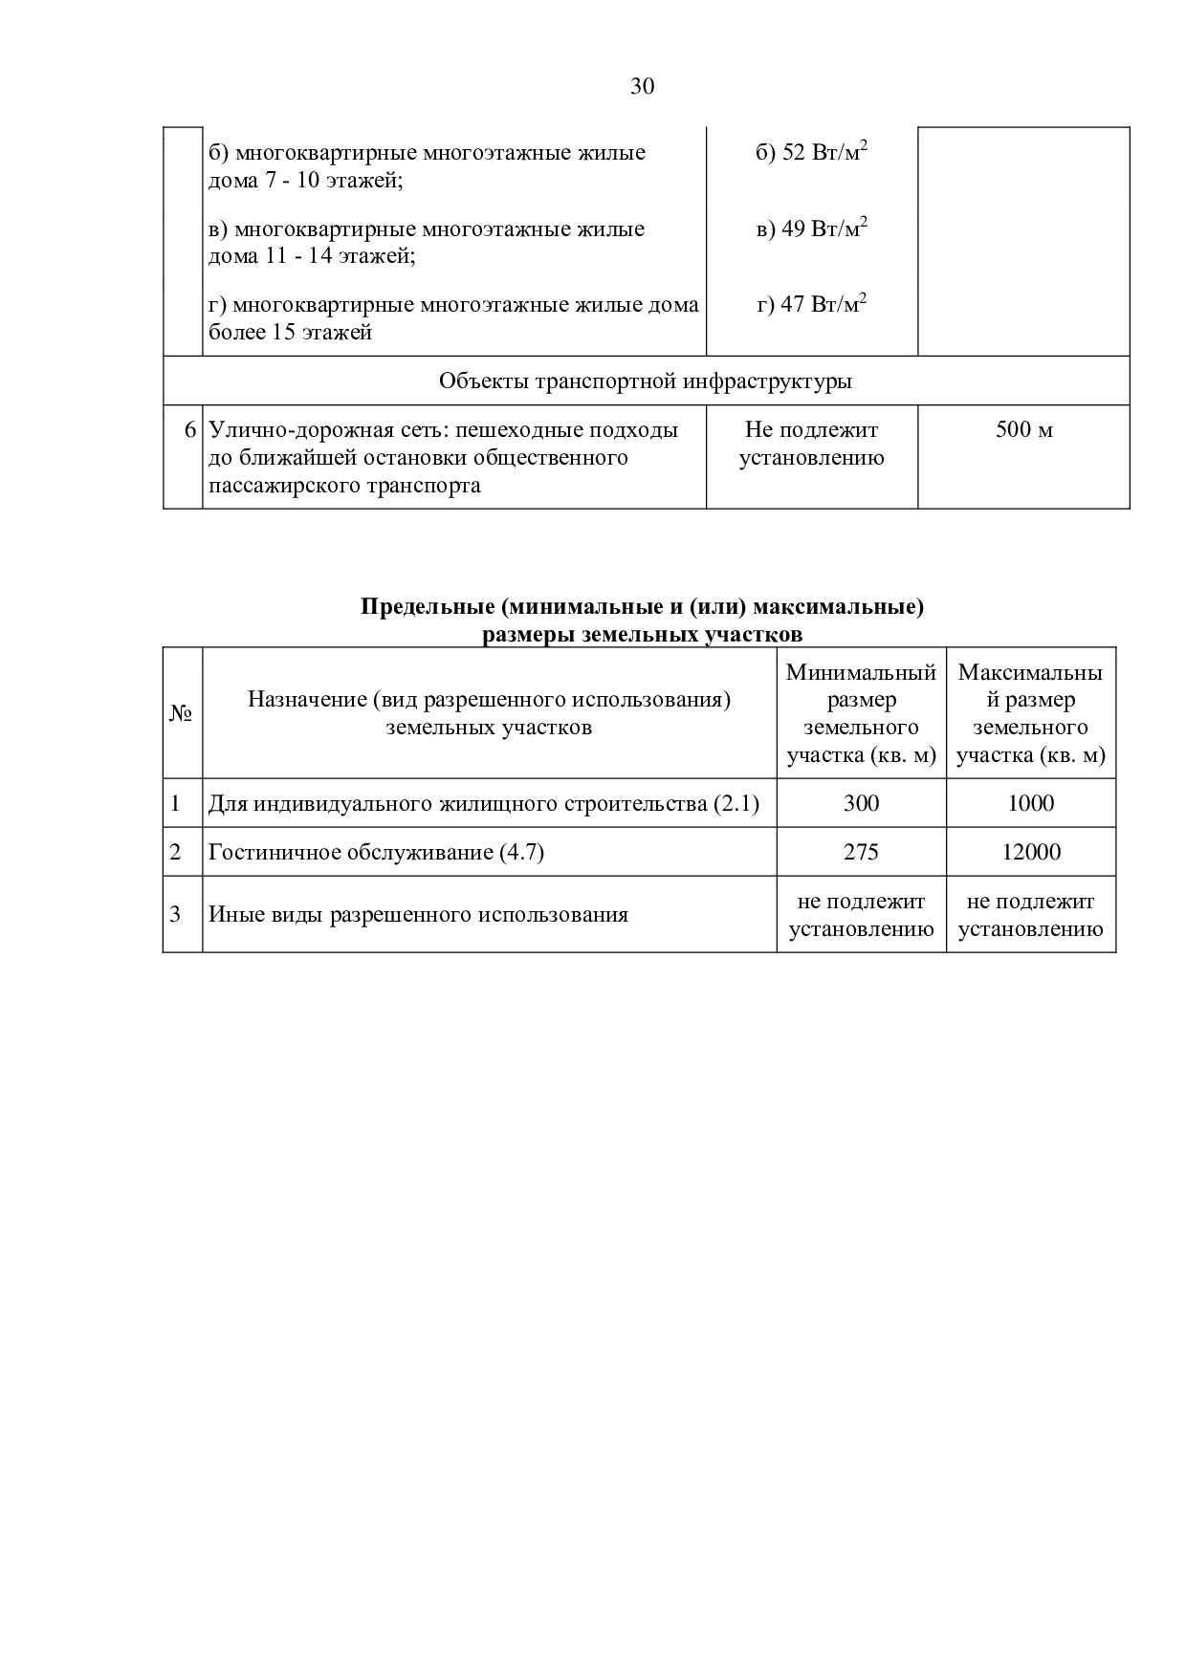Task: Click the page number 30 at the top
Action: [643, 87]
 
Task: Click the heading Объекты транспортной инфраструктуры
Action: [646, 381]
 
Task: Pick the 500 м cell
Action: [1023, 430]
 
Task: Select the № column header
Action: [182, 713]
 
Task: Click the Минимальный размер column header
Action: [861, 713]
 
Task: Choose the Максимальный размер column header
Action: [1030, 713]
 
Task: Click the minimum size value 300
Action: [861, 803]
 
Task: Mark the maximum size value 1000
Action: [1030, 803]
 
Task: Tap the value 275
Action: [861, 852]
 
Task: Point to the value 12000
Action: [1030, 852]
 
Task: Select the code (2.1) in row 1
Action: [736, 803]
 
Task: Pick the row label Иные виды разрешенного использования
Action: [418, 915]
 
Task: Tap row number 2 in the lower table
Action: [175, 852]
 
